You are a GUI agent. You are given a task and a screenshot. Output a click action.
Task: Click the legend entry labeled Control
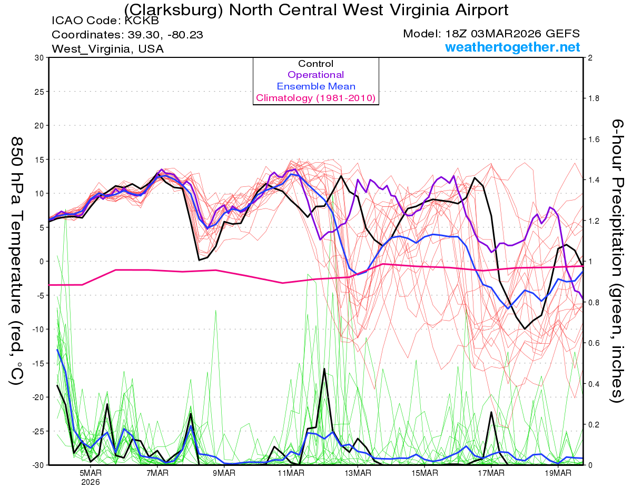coord(315,64)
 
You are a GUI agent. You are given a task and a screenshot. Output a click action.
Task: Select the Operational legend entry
coord(315,75)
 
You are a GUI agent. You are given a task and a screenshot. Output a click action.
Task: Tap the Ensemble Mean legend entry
coord(315,86)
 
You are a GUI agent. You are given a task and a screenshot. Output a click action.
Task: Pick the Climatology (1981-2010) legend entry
coord(315,98)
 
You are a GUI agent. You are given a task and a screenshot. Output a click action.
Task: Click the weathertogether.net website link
coord(512,47)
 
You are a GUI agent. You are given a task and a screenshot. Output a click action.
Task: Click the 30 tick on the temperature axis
coord(38,58)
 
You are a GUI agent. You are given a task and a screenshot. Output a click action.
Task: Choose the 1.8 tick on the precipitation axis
coord(592,98)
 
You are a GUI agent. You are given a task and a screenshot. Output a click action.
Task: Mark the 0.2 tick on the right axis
coord(592,424)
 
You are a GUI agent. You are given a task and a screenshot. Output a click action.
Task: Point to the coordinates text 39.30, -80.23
coord(164,35)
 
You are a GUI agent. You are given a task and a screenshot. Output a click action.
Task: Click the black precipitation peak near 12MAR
coord(324,369)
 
